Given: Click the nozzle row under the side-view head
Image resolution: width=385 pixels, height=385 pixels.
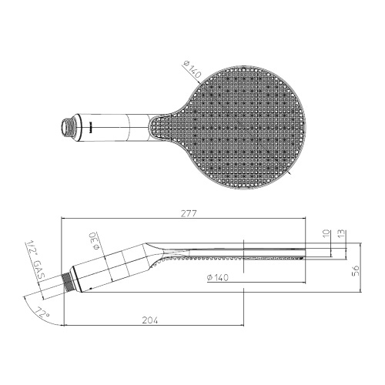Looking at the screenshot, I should [231, 259].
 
